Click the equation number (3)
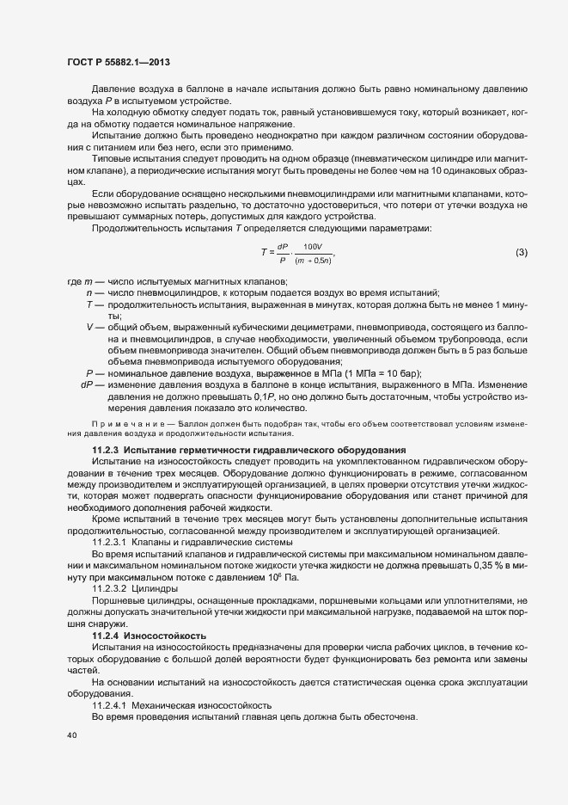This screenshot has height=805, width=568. [521, 251]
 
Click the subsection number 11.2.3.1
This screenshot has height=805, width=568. [109, 542]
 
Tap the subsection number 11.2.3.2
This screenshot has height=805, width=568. [110, 588]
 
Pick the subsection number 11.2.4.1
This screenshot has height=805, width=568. [110, 705]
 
